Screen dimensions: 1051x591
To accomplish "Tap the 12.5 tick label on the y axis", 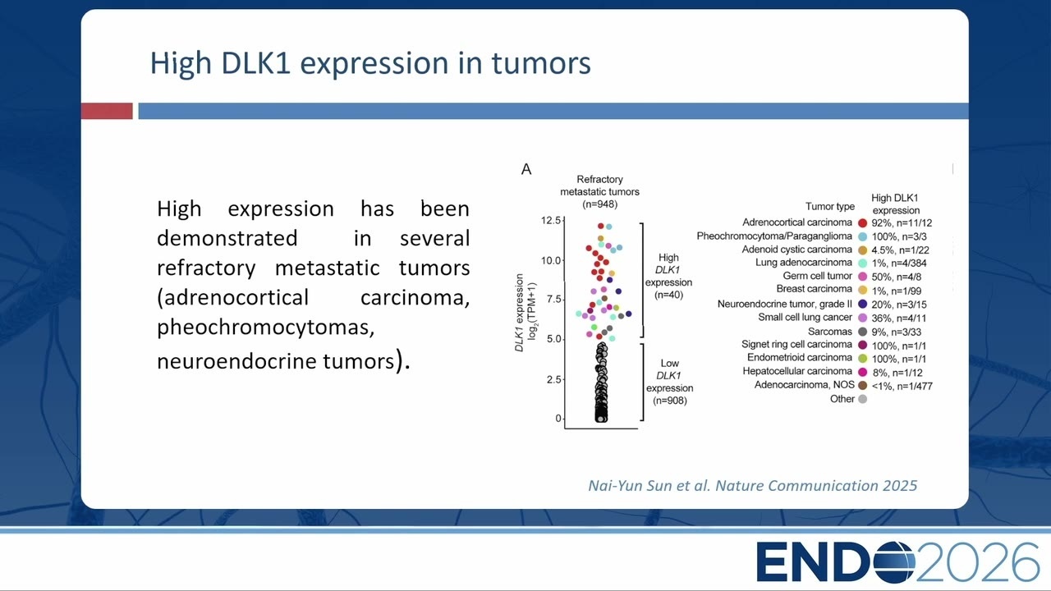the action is tap(550, 221).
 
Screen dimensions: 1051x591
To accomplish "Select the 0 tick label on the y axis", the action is tap(558, 419).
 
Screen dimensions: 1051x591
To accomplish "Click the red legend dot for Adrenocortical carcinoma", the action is tap(862, 222).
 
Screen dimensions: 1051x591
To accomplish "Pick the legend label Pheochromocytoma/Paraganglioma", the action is tap(774, 236).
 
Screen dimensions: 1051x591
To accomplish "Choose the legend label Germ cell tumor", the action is tap(817, 276).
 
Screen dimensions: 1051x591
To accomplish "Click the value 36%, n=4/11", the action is tap(899, 318).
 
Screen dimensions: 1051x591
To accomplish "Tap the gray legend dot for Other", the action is tap(862, 399).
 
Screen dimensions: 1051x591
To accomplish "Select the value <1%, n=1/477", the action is tap(902, 386).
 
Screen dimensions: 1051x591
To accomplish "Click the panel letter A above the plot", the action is tap(526, 169).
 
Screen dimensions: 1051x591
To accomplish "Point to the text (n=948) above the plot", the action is tap(599, 204).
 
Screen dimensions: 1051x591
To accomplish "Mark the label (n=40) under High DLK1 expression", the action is tap(668, 295).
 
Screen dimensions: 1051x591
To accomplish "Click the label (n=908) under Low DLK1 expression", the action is tap(669, 401).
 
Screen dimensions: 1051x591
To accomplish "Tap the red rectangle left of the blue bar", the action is tap(107, 111).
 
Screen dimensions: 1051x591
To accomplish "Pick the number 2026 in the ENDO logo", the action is tap(978, 561).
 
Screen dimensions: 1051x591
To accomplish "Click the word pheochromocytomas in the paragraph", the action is tap(265, 328).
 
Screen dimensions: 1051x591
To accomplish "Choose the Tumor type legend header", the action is tap(830, 206).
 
